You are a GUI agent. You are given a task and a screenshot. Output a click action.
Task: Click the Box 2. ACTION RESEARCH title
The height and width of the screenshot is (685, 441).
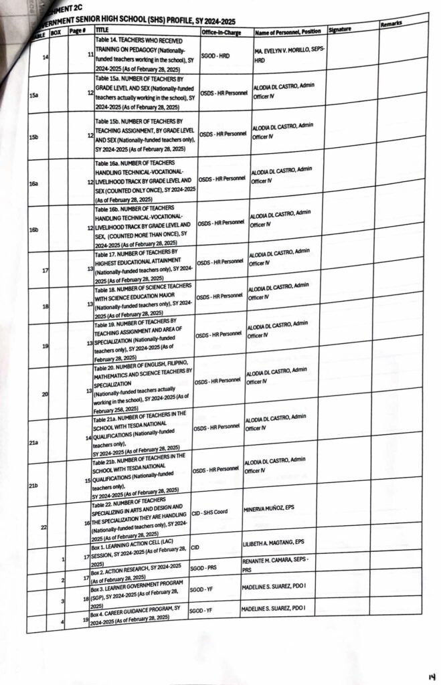(137, 571)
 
